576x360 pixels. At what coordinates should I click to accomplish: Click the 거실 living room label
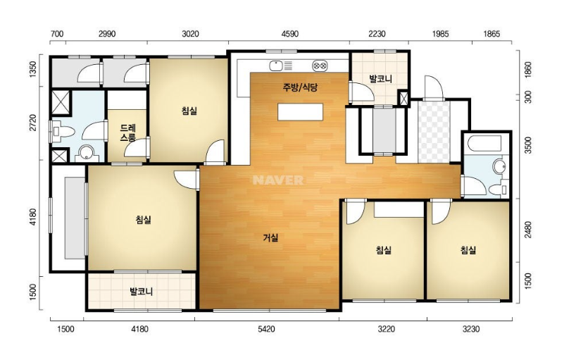(270, 238)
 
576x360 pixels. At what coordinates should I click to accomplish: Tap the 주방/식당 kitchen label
(300, 87)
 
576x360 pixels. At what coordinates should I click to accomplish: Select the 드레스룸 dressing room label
(128, 133)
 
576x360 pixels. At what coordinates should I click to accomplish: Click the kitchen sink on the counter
(275, 66)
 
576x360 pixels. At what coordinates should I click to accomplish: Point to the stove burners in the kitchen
(320, 66)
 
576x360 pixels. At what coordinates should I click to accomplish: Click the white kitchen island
(301, 112)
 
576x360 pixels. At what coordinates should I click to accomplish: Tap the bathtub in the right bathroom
(482, 144)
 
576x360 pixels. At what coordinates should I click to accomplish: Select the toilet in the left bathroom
(63, 132)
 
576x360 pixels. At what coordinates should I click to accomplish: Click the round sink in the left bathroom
(87, 153)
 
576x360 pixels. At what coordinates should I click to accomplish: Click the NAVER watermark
(278, 180)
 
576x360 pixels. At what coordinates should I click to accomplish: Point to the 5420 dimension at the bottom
(266, 329)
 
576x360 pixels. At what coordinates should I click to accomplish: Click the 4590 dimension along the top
(290, 34)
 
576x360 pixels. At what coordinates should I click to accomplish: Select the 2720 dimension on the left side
(33, 123)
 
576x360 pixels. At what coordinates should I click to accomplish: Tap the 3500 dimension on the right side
(528, 145)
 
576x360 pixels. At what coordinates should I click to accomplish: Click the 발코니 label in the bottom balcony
(142, 292)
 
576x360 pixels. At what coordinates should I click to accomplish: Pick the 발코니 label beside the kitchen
(380, 79)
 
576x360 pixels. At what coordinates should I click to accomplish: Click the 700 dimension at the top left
(57, 34)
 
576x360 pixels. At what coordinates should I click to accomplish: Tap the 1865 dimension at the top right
(492, 34)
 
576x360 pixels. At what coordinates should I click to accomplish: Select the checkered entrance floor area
(434, 132)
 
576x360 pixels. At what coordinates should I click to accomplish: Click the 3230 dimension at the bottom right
(471, 329)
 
